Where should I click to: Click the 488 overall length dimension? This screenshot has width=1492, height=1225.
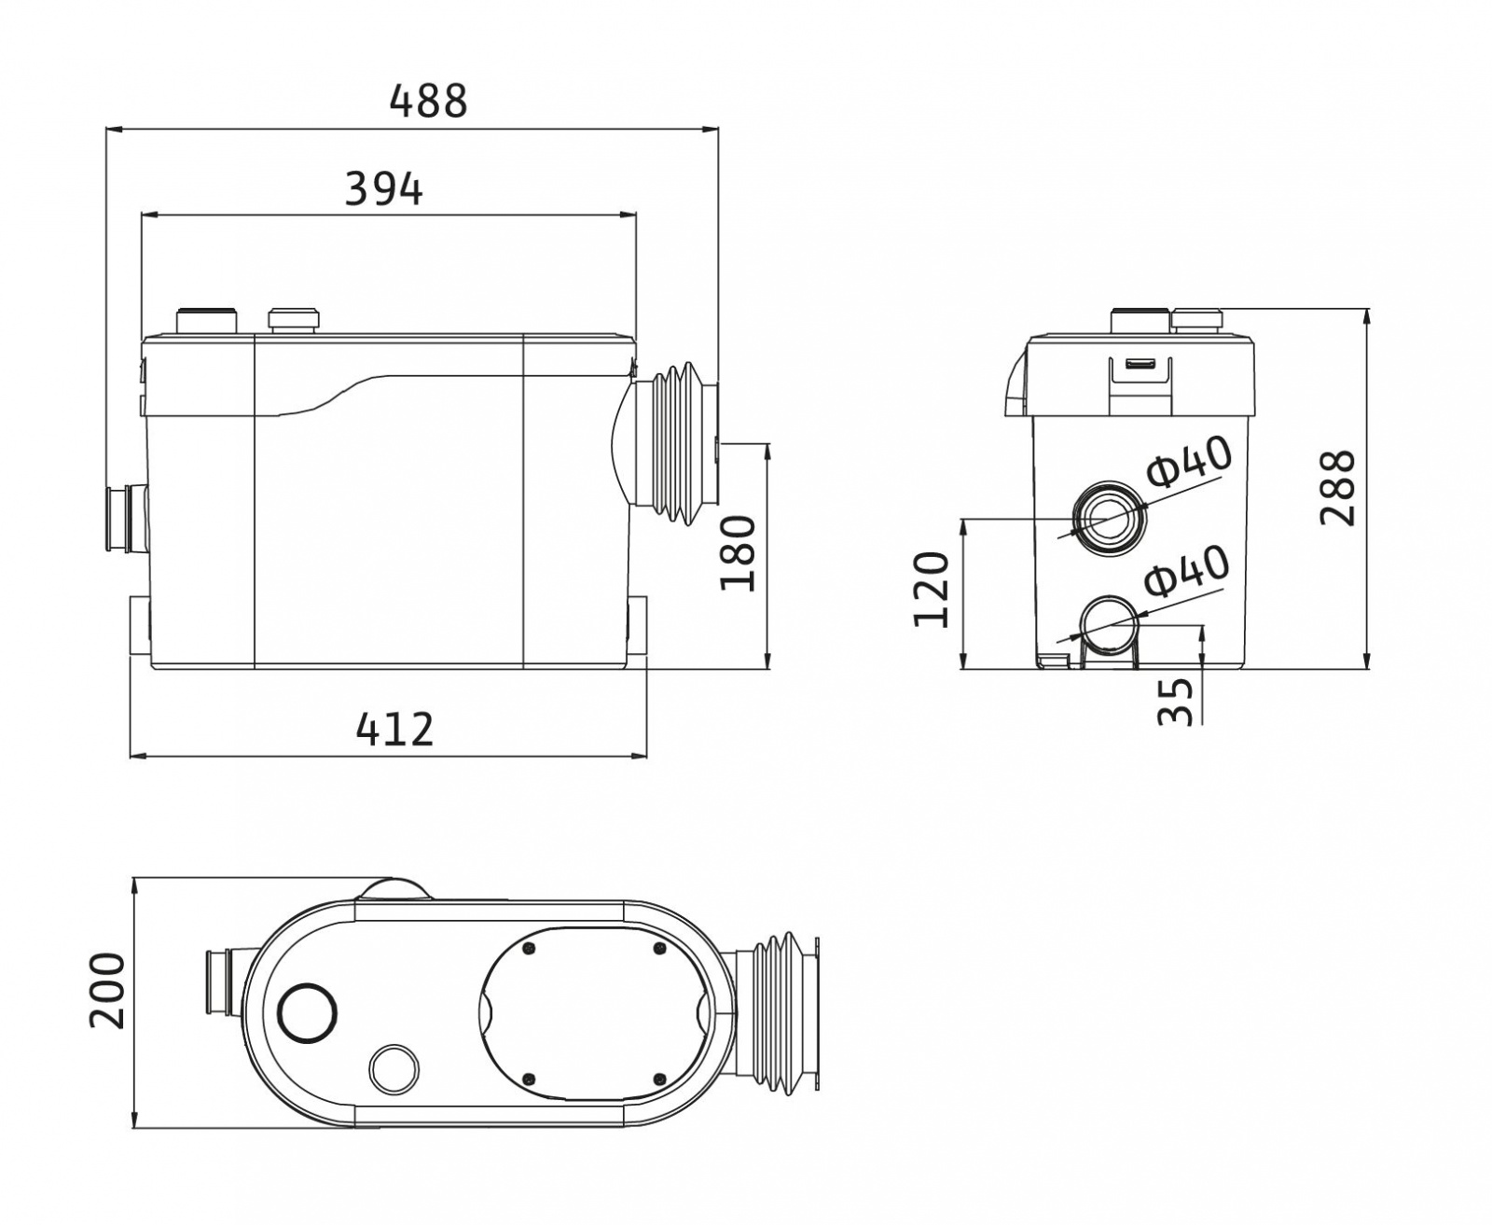429,101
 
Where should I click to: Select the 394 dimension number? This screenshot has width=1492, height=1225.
383,189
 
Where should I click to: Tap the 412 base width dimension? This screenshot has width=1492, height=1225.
394,730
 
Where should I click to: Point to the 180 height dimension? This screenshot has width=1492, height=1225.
738,553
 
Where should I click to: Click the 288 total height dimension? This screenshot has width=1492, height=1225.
1338,488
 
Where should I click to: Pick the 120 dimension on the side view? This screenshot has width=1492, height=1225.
931,590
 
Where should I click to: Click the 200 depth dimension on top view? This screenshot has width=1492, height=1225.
107,991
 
